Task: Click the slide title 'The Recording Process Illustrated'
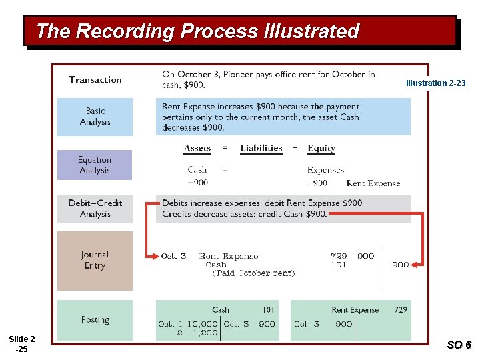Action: click(x=197, y=31)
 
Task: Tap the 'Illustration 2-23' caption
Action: click(x=436, y=83)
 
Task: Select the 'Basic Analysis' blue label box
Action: click(x=95, y=117)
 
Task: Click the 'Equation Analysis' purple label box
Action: click(x=94, y=165)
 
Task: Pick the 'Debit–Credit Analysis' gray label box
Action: click(x=95, y=208)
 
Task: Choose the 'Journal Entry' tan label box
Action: click(x=94, y=260)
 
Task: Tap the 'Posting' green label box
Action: click(x=95, y=320)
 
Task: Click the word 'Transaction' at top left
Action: click(x=95, y=80)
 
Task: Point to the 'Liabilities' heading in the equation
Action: click(x=261, y=148)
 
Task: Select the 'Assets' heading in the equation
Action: click(x=197, y=148)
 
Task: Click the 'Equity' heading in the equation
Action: click(x=321, y=148)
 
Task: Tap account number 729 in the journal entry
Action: click(x=339, y=256)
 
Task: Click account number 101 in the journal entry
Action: click(x=339, y=265)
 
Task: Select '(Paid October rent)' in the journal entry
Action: click(x=253, y=273)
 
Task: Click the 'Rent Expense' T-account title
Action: click(x=355, y=310)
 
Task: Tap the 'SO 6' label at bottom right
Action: click(x=459, y=345)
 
